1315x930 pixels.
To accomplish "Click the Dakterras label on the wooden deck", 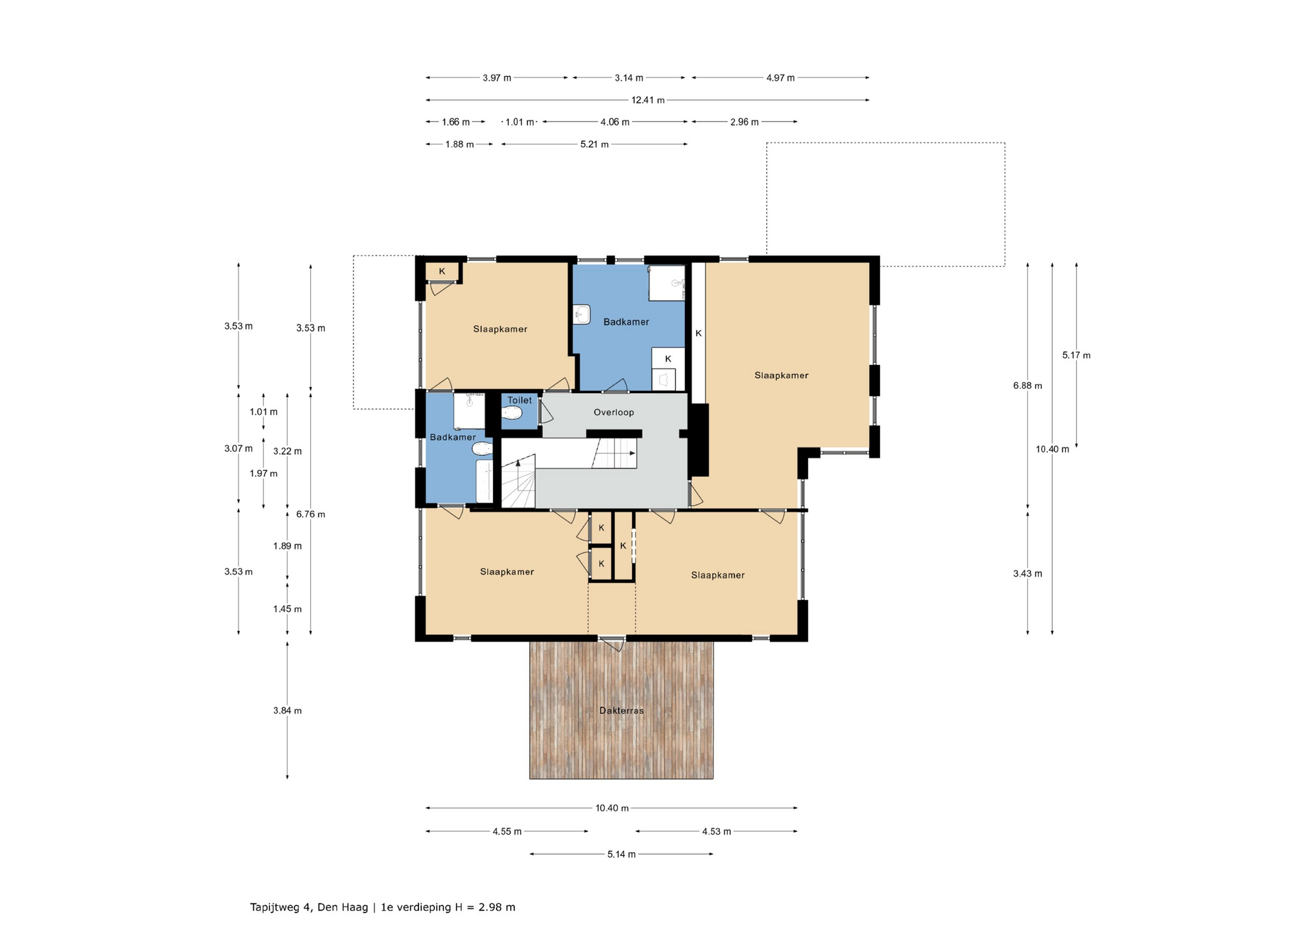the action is coord(621,710).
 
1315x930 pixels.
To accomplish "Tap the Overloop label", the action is coord(614,412).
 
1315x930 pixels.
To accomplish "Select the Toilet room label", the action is coord(520,401).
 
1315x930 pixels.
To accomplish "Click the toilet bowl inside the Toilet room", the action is coord(512,413).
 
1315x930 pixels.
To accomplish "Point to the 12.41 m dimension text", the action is coord(648,100).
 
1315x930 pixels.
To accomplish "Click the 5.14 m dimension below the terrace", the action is coord(621,854).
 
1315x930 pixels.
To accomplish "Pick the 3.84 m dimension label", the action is coord(287,711).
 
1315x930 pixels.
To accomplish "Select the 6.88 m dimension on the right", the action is coord(1027,386).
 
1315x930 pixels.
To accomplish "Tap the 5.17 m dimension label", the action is coord(1076,355).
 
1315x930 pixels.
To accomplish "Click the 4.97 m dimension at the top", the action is coord(780,78).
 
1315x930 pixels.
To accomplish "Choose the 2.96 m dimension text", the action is coord(744,122).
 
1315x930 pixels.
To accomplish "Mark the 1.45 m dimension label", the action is coord(287,609).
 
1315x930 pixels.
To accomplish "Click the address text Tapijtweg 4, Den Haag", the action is coord(309,907).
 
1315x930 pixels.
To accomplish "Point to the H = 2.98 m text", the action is coord(485,907).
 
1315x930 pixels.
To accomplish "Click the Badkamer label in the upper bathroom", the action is coord(626,322).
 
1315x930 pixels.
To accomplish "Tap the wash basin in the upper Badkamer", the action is coord(582,314).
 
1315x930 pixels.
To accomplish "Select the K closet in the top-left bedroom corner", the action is coord(442,272).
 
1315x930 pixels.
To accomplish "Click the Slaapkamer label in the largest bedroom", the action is coord(781,375).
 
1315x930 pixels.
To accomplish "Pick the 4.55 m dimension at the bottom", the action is coord(507,831).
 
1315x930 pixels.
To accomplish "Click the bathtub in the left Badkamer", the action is coord(484,481).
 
